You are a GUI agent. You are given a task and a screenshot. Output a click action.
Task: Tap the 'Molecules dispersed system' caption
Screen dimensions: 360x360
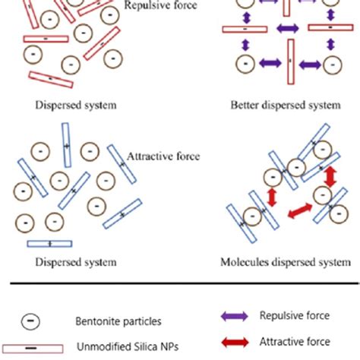pos(286,262)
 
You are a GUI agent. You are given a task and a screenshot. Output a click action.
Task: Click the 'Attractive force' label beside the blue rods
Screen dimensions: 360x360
pos(163,156)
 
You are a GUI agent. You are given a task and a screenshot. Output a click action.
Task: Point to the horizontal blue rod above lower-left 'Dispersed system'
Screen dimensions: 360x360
pos(49,243)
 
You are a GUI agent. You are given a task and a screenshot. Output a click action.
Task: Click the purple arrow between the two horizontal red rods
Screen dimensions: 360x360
pos(288,29)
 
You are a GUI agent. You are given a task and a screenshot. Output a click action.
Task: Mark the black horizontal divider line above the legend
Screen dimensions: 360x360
pos(180,286)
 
